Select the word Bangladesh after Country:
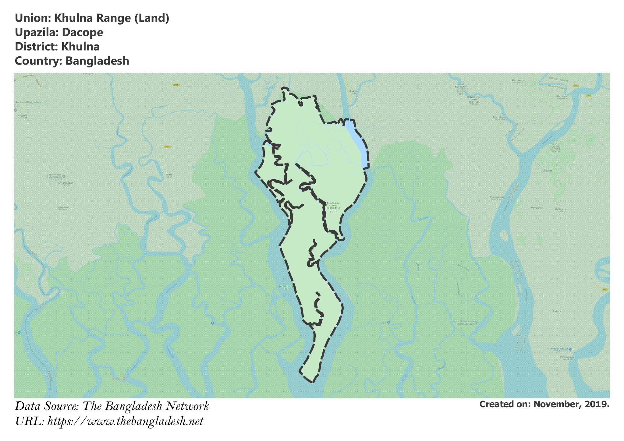point(97,61)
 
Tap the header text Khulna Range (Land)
point(112,18)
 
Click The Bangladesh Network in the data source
point(146,406)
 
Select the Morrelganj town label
point(499,117)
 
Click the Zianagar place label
point(562,97)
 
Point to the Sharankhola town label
point(497,197)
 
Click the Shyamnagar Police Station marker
point(63,176)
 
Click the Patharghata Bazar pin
point(570,349)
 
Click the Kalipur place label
point(557,311)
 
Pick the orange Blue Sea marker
point(124,379)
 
